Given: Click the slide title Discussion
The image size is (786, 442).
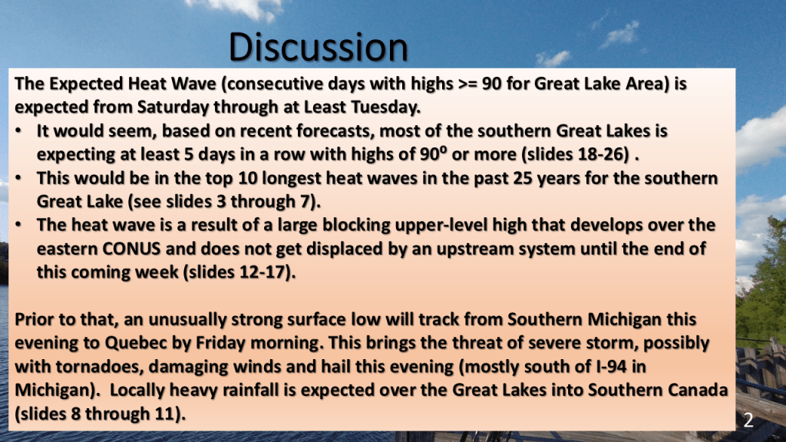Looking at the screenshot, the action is tap(319, 47).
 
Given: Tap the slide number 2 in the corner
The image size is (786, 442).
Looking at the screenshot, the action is tap(748, 420).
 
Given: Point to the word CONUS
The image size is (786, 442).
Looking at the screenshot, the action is tap(131, 249).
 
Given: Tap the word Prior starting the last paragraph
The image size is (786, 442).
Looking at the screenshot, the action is tap(35, 320).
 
